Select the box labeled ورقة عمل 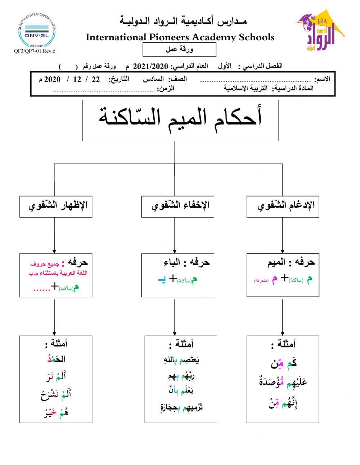point(179,50)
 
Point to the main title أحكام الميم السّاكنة point(180,119)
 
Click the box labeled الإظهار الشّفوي point(56,206)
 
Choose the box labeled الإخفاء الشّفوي point(178,206)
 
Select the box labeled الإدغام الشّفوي point(283,206)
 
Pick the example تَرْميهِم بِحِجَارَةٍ point(181,408)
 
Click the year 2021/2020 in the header point(151,66)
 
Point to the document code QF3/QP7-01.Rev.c point(35,51)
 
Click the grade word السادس point(153,79)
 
